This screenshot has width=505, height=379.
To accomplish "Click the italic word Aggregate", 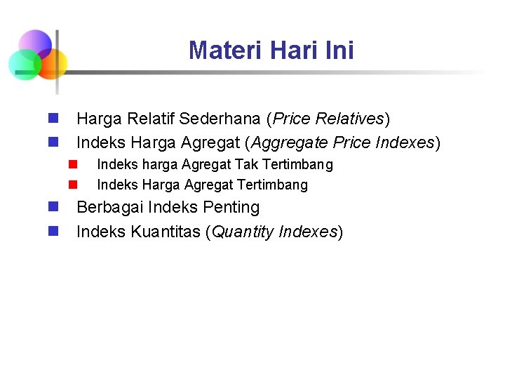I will [290, 143].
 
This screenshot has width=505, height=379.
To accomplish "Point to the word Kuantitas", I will [165, 232].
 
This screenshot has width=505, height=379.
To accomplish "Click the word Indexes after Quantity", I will [308, 232].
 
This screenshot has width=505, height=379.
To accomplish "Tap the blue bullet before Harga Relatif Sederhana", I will [53, 118].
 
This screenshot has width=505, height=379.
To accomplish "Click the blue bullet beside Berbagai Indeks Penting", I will [53, 207].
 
